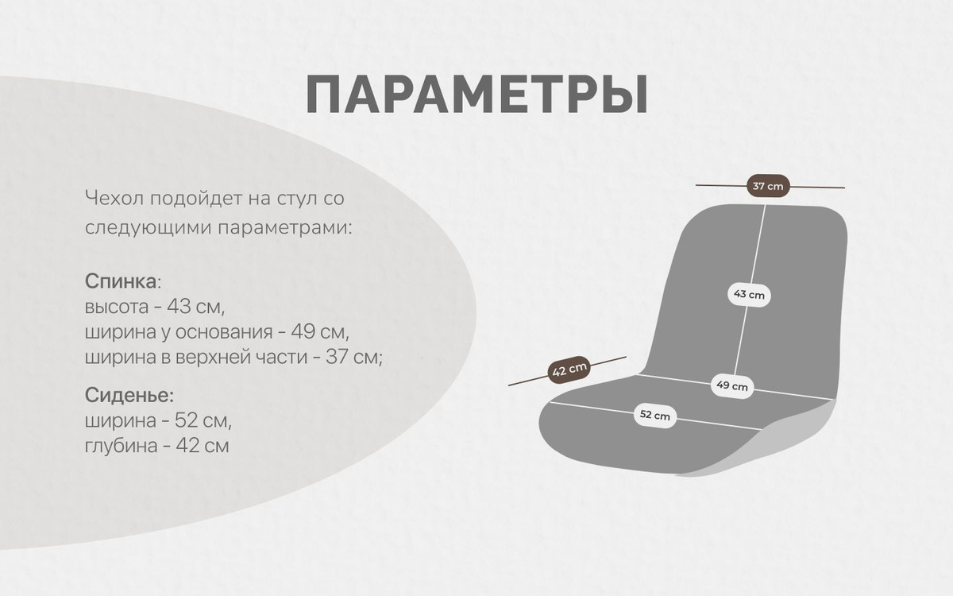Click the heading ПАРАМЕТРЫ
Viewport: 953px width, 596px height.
477,95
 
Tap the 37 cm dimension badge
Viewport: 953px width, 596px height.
768,186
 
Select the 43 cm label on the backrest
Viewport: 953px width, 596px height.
749,294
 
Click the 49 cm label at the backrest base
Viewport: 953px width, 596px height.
731,385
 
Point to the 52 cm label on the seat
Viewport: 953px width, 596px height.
654,415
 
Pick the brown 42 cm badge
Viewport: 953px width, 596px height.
569,370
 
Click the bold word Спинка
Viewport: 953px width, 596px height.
121,281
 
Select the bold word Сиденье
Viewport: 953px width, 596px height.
128,396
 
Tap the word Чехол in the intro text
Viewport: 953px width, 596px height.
114,198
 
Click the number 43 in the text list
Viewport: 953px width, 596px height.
179,307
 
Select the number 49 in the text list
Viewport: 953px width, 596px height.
303,331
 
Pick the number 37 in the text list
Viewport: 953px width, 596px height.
338,357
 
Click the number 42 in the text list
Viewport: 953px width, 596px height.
188,446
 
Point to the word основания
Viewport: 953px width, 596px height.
224,332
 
